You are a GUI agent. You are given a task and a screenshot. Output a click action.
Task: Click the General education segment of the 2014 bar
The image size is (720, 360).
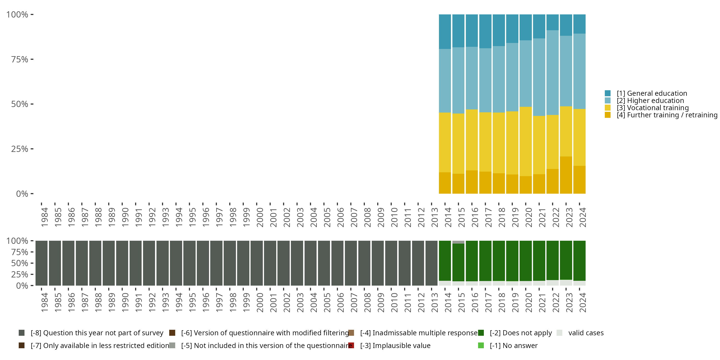coord(445,32)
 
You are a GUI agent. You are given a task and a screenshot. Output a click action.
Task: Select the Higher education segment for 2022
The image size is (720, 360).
coord(552,72)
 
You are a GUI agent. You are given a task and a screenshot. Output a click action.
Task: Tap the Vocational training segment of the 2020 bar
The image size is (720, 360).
coord(525,141)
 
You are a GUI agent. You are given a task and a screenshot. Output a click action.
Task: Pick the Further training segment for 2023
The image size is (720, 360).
coord(566,175)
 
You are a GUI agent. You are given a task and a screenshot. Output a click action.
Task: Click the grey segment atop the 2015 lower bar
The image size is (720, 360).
coord(458,242)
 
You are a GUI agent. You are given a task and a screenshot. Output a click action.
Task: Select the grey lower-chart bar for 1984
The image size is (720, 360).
coord(41,263)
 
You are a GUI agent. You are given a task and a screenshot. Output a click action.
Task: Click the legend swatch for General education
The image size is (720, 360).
coord(607,93)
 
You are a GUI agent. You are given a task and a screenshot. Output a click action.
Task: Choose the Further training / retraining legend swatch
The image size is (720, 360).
coord(607,115)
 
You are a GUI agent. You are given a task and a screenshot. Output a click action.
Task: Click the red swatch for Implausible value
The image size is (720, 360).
coord(351,345)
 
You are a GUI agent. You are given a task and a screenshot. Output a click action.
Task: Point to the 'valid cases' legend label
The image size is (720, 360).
coord(586,333)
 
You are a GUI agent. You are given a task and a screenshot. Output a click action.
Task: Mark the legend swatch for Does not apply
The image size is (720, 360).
coord(481,333)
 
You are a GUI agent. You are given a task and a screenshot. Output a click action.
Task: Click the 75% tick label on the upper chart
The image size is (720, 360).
coord(20,59)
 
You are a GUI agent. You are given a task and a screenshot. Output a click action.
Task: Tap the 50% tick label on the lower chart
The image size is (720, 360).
coord(20,263)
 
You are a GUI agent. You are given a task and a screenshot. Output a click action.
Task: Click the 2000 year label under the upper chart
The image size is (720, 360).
coord(260,217)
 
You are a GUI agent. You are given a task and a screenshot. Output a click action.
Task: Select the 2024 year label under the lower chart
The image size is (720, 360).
coord(582,302)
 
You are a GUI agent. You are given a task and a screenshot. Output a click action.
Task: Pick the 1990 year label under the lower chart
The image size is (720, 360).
coord(125,302)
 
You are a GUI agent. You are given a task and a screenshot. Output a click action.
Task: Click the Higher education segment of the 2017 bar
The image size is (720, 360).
coord(485,80)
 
